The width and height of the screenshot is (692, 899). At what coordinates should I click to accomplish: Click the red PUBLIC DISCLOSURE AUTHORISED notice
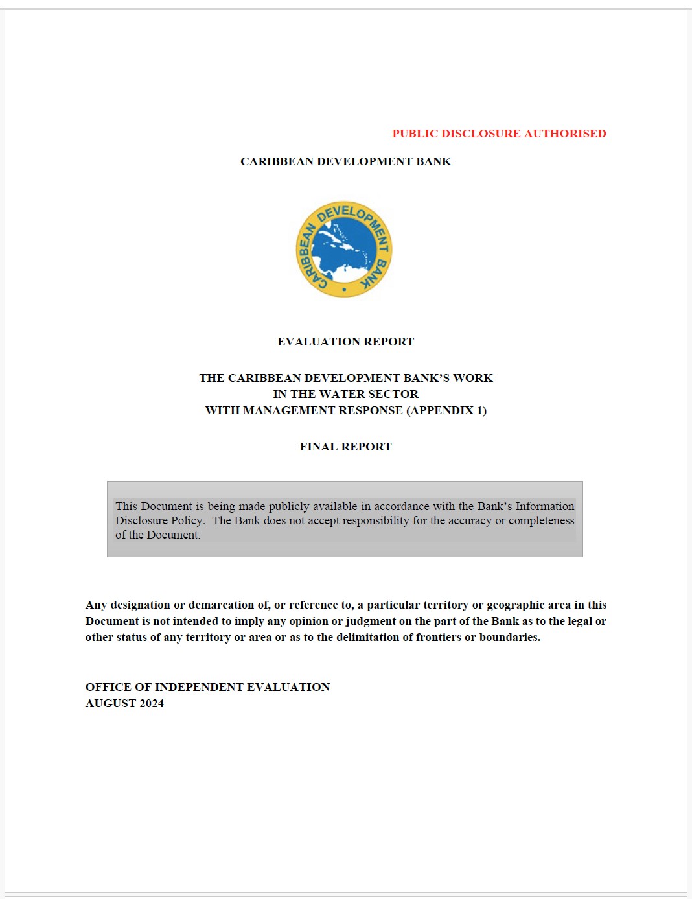coord(499,134)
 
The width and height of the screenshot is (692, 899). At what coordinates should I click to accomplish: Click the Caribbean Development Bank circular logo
coord(344,250)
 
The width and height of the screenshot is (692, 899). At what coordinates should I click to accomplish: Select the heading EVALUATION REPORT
coord(345,342)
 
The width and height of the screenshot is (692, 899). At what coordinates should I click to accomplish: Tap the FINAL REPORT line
coord(345,447)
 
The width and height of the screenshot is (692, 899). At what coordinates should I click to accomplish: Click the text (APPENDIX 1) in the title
coord(446,410)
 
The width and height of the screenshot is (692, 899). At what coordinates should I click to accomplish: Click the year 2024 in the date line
coord(152,703)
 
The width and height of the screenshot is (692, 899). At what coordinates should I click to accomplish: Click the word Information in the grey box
coord(545,506)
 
